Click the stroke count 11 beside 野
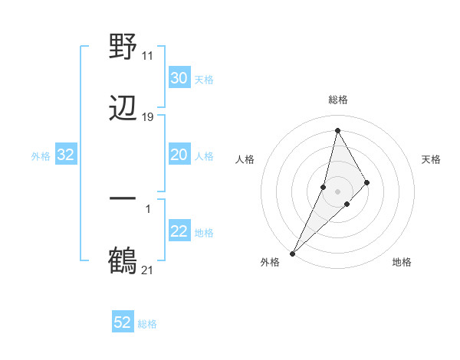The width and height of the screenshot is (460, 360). pyautogui.click(x=148, y=55)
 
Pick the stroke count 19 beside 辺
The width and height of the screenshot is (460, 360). pyautogui.click(x=148, y=116)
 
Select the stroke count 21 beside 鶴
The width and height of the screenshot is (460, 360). pyautogui.click(x=148, y=270)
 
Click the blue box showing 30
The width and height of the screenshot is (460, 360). pyautogui.click(x=179, y=78)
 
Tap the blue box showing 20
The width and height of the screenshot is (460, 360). pyautogui.click(x=179, y=155)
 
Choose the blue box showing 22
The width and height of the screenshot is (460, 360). pyautogui.click(x=179, y=232)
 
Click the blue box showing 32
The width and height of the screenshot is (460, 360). pyautogui.click(x=65, y=155)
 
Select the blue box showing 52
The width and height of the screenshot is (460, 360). pyautogui.click(x=123, y=322)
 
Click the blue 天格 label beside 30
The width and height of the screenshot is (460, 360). pyautogui.click(x=204, y=79)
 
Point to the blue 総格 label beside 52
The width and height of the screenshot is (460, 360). pyautogui.click(x=147, y=324)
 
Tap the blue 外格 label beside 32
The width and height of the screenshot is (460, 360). pyautogui.click(x=41, y=156)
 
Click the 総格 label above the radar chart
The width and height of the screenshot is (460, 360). pyautogui.click(x=338, y=100)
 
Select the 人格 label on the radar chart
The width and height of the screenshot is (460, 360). pyautogui.click(x=245, y=159)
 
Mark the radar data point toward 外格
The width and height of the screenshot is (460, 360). pyautogui.click(x=292, y=253)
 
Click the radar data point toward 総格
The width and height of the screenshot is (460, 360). pyautogui.click(x=337, y=130)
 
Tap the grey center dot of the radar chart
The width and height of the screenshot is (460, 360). pyautogui.click(x=337, y=191)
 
